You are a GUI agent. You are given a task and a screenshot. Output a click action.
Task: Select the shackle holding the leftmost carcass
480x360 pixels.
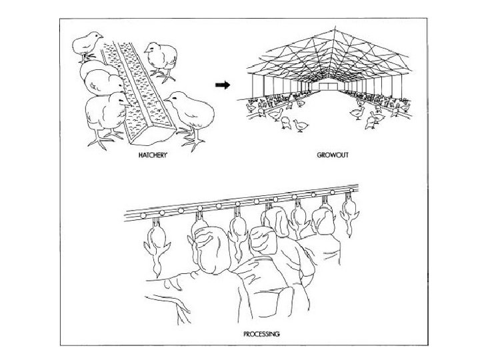click(x=153, y=221)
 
